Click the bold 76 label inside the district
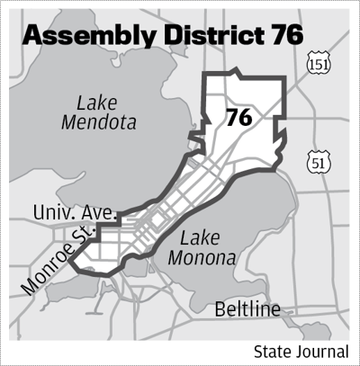(x=238, y=118)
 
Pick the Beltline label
(x=247, y=310)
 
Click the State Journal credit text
(x=301, y=350)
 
